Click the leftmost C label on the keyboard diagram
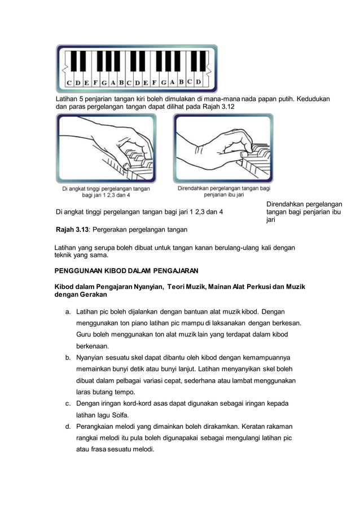(69, 83)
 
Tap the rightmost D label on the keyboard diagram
(198, 82)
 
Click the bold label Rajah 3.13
(72, 230)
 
